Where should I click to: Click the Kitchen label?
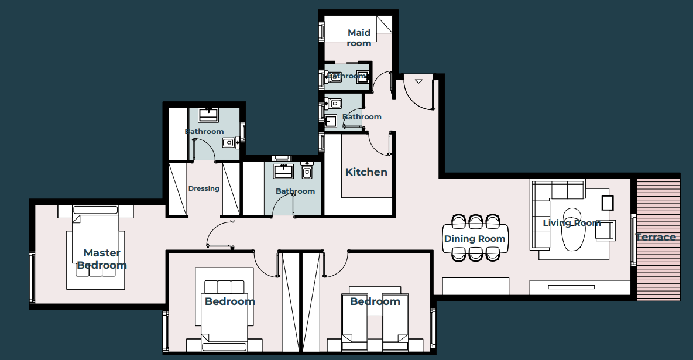pos(366,172)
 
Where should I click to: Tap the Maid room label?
pos(359,37)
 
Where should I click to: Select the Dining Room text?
pos(475,239)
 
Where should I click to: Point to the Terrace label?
pos(656,237)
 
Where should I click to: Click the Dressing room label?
pos(204,188)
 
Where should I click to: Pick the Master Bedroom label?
pos(102,259)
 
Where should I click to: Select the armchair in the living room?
pos(606,231)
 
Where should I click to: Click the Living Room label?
pos(572,223)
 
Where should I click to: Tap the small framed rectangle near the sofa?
pos(608,202)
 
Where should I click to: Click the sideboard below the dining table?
pos(475,286)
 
